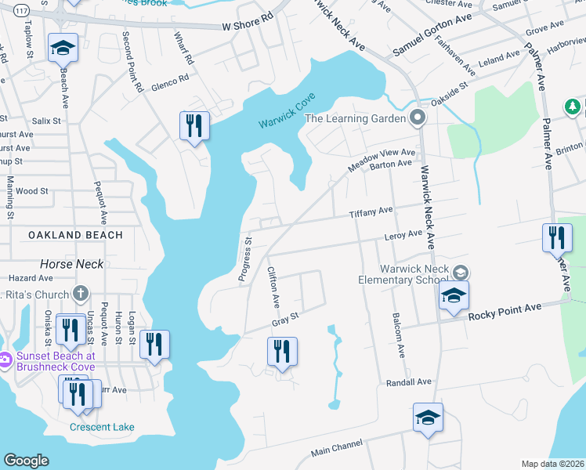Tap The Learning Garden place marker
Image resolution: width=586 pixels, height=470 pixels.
[x=418, y=119]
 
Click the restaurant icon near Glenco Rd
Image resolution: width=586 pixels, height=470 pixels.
[x=193, y=127]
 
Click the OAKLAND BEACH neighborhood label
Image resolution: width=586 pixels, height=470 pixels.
[x=75, y=235]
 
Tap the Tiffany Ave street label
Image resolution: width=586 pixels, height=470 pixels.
[x=371, y=212]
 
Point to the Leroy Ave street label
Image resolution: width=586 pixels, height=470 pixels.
[x=403, y=234]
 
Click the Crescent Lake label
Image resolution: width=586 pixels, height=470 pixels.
[x=102, y=427]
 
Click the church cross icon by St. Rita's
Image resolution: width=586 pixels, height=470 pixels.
[x=78, y=295]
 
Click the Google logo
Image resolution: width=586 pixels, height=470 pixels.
[x=26, y=461]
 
